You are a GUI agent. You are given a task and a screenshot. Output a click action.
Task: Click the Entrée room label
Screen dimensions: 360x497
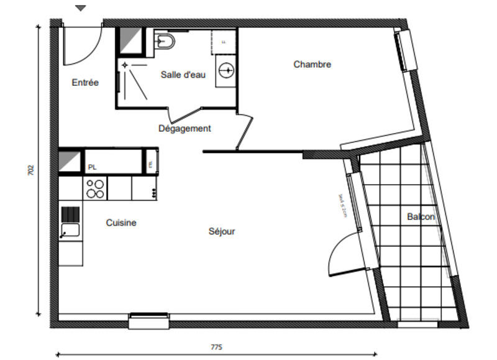pos(85,82)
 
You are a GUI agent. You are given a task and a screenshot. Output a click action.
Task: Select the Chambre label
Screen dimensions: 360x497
pos(312,64)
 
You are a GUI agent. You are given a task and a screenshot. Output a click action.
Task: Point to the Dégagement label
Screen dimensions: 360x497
pos(185,129)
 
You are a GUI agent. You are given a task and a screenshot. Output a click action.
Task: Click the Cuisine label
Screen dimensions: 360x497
pos(121,223)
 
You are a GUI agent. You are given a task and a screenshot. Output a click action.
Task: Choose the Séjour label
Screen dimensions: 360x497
pos(222,231)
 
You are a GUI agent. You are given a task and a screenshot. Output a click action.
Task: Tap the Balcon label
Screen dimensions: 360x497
pos(421,217)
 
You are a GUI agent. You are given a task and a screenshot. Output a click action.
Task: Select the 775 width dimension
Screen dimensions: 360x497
pos(216,347)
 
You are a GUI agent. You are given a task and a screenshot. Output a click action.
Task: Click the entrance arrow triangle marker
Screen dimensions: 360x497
pos(81,8)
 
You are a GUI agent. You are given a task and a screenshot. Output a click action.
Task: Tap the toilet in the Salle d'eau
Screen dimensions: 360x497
pos(166,42)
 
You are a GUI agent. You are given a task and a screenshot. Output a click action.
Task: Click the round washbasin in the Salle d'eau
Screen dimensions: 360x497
pos(226,70)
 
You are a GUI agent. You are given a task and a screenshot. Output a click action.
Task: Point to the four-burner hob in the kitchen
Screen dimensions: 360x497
pos(95,188)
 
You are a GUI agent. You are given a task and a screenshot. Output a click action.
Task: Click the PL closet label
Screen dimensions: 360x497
pos(92,167)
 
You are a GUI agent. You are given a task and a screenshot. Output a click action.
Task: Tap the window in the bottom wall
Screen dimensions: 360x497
pos(148,320)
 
